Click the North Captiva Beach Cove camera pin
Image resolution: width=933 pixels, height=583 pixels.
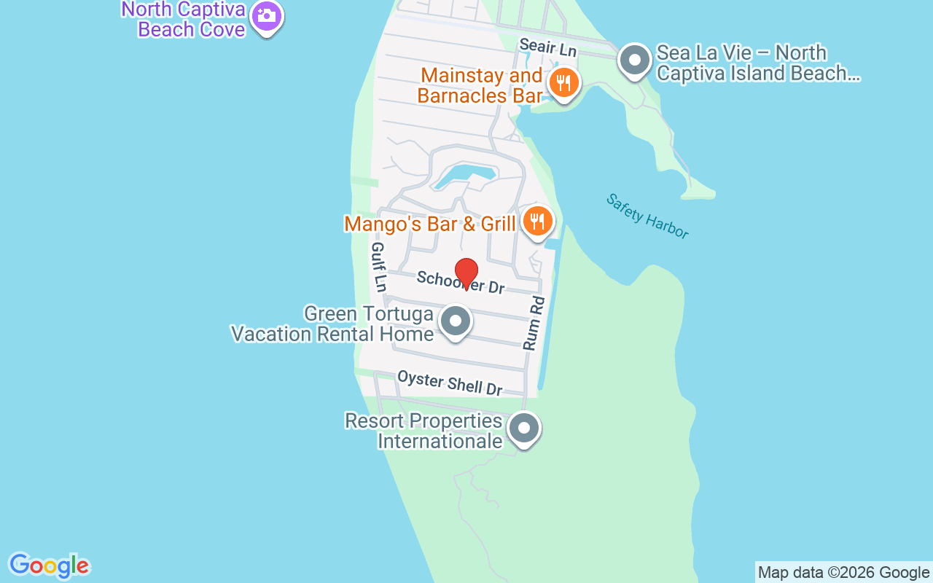(x=267, y=16)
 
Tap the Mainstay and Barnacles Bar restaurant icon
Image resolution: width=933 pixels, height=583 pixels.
(x=563, y=83)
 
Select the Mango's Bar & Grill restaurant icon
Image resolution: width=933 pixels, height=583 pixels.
(x=538, y=220)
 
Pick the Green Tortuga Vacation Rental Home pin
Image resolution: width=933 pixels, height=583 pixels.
(x=456, y=321)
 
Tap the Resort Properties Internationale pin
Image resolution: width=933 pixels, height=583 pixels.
(x=523, y=429)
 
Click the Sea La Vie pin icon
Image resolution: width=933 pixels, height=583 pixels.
(x=634, y=60)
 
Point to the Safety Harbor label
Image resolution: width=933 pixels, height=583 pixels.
(x=647, y=216)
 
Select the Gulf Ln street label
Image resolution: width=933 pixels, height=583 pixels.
(x=378, y=267)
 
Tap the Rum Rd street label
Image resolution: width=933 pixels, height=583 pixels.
(x=534, y=324)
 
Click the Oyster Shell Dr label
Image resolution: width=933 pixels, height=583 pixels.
(x=450, y=383)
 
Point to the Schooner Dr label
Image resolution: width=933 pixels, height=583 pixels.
(x=461, y=282)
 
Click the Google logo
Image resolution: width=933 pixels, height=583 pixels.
(x=49, y=566)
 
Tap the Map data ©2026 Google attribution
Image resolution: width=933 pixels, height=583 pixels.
(x=843, y=573)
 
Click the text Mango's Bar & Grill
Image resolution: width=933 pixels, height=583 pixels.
(x=430, y=224)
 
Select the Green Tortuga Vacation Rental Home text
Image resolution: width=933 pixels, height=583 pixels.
(x=333, y=324)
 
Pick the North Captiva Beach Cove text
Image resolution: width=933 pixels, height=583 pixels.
(x=184, y=20)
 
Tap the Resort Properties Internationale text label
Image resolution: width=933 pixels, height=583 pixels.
(x=424, y=431)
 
